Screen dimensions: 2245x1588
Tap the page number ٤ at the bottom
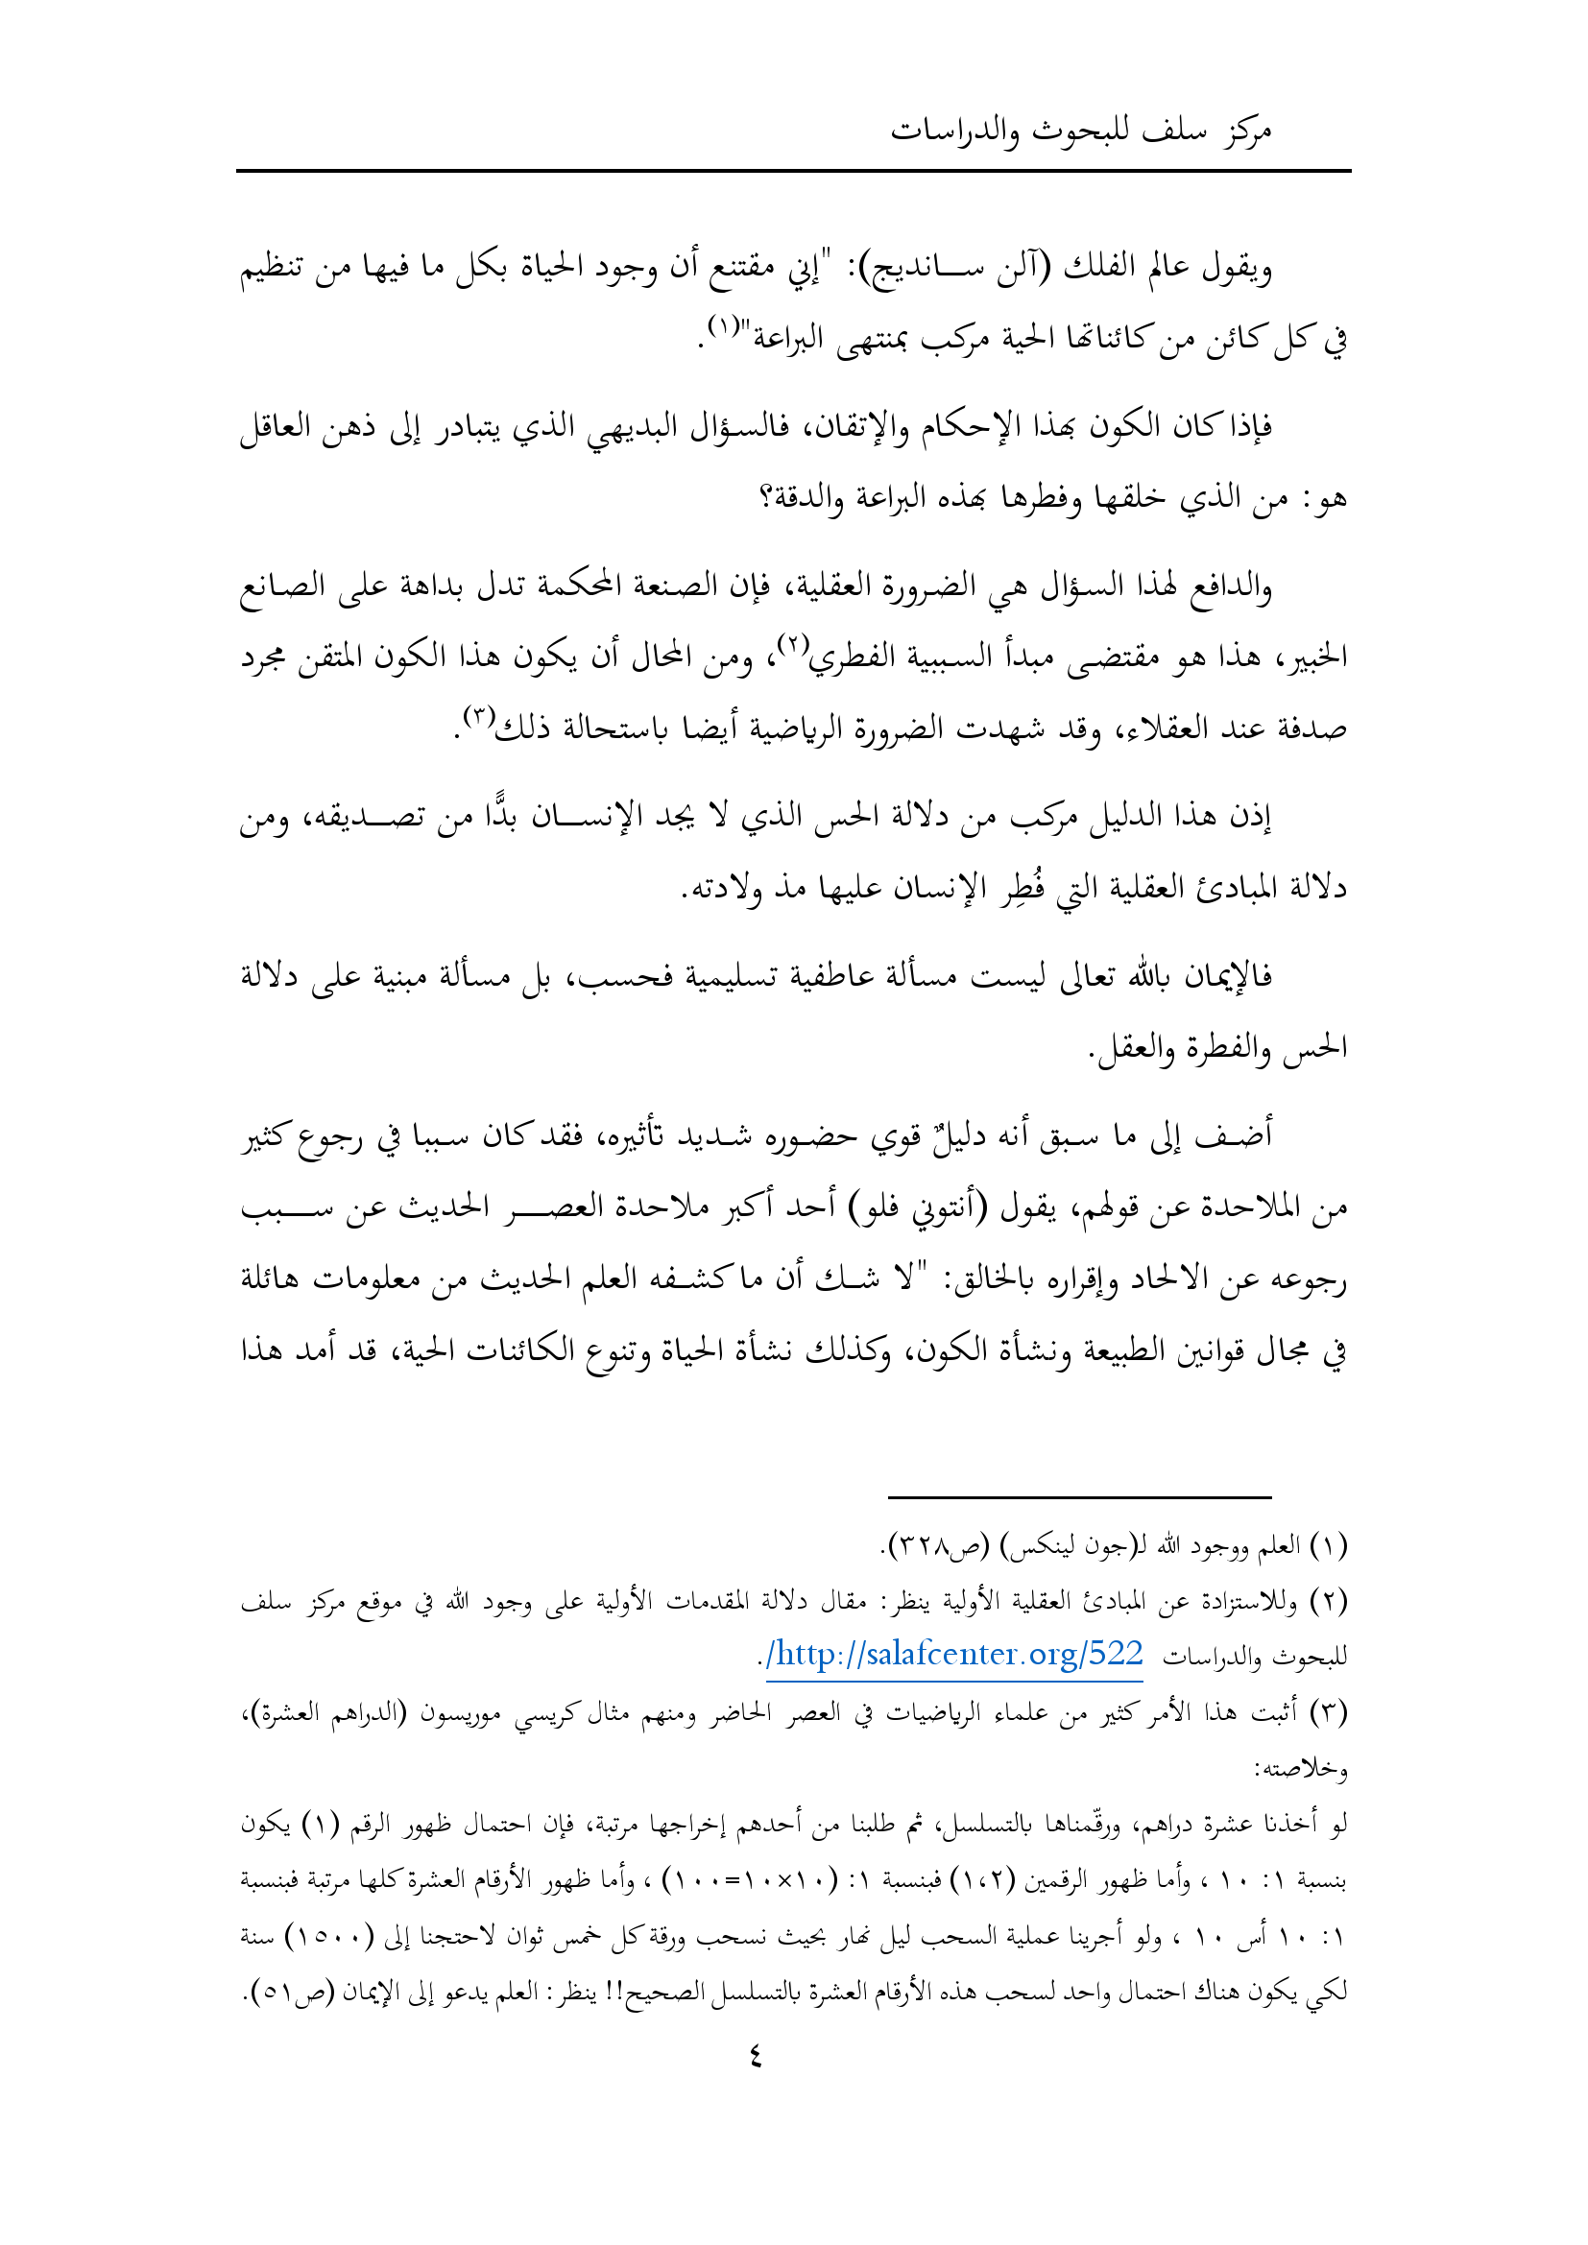755,2056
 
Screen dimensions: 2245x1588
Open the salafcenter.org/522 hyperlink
954,1655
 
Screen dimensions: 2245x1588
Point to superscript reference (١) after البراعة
724,326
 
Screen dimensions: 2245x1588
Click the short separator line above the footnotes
1078,1497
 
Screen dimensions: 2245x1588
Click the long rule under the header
793,171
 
